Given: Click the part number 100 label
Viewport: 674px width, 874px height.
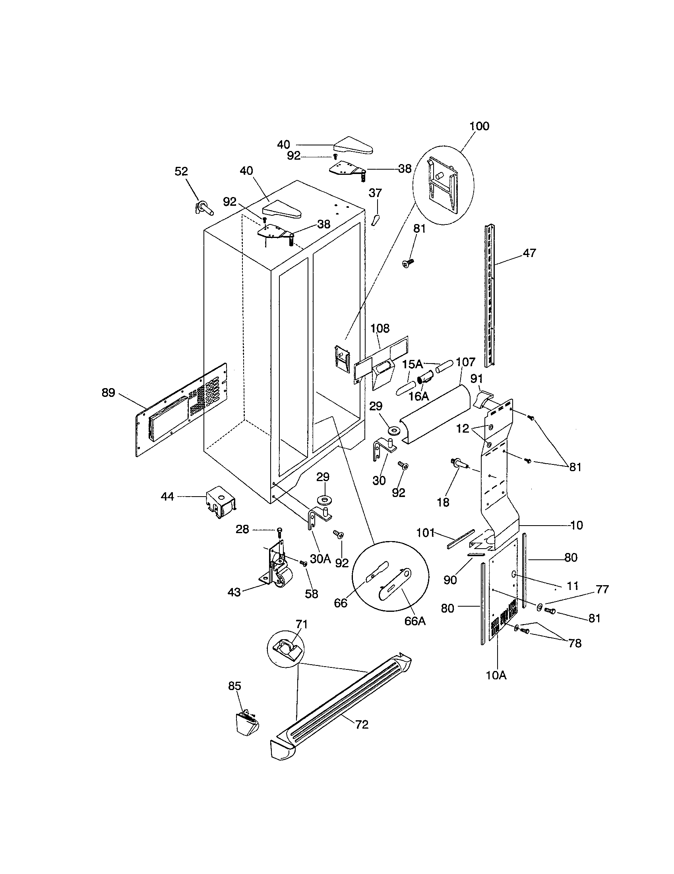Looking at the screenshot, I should pyautogui.click(x=479, y=126).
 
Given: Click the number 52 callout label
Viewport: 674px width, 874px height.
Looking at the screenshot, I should pyautogui.click(x=181, y=172).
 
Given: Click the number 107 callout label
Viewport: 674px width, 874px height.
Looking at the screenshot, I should pyautogui.click(x=465, y=362).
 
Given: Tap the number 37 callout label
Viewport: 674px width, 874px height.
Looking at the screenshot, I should pyautogui.click(x=375, y=193).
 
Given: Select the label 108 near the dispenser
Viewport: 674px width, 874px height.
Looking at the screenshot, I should pyautogui.click(x=380, y=329).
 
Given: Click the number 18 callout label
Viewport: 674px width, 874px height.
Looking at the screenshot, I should pyautogui.click(x=443, y=502).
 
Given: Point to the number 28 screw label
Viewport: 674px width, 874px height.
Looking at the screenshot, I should pyautogui.click(x=242, y=530).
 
